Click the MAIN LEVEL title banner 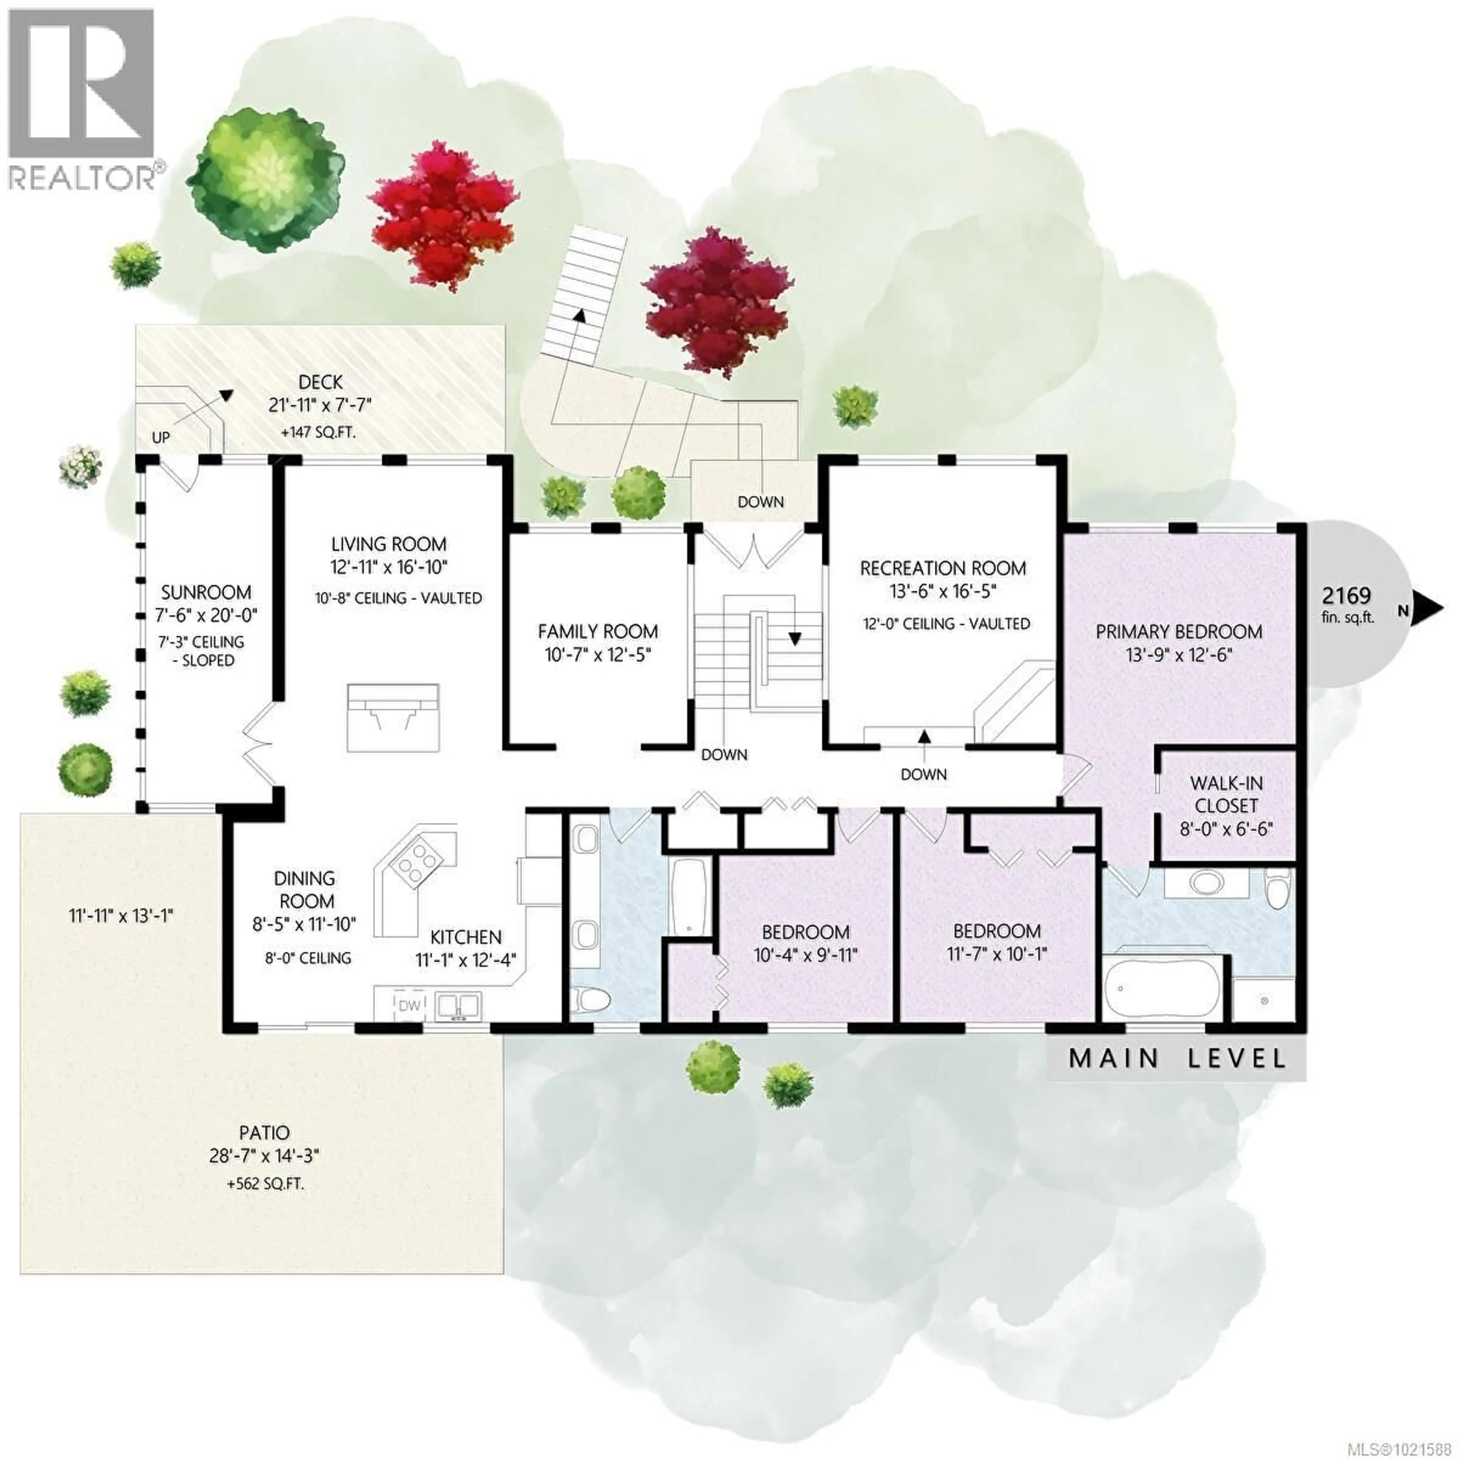(1177, 1058)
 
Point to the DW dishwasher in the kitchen (408, 1005)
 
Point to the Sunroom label (206, 592)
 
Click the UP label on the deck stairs (161, 437)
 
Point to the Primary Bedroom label (1179, 631)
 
